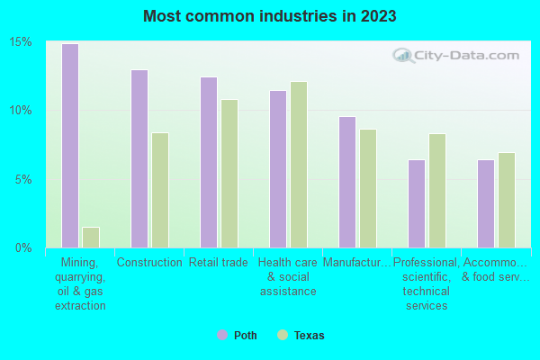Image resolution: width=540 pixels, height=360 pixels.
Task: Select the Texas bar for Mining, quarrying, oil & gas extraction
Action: [91, 238]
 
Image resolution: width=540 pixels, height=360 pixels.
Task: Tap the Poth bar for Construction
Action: [139, 158]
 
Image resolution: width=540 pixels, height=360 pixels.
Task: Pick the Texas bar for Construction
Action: [160, 190]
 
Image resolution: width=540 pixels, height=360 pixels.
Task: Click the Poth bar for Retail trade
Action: [209, 162]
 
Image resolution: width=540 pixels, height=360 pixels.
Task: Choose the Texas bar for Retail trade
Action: [229, 174]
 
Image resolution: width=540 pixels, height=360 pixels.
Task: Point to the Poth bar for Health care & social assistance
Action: [278, 169]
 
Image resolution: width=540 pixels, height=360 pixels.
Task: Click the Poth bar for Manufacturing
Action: [347, 182]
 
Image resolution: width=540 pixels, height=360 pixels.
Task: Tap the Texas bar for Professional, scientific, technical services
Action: [437, 191]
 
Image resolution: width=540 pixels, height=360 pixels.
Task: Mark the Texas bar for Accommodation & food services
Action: [507, 200]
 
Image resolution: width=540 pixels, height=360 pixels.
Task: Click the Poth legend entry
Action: [238, 336]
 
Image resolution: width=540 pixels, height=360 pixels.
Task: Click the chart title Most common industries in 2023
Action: [269, 16]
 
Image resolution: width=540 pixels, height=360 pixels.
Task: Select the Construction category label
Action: [149, 263]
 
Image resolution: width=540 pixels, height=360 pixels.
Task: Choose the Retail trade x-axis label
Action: [219, 263]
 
